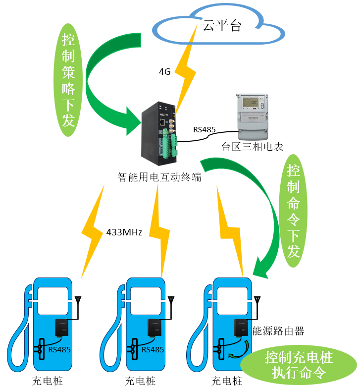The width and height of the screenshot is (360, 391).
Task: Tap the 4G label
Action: click(x=164, y=72)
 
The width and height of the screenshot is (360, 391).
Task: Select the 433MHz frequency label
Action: click(x=124, y=231)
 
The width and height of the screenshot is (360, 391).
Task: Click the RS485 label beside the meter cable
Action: click(x=204, y=130)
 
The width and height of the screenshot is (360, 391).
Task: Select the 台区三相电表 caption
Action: click(x=252, y=147)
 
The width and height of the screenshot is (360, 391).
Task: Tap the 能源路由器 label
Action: click(x=278, y=331)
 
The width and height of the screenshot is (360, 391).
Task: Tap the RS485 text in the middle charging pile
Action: click(x=153, y=349)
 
